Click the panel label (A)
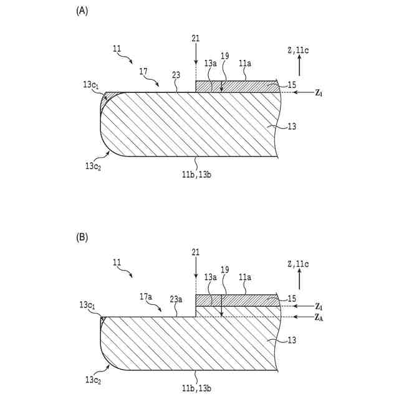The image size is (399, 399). [81, 11]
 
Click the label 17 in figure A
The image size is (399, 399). [143, 72]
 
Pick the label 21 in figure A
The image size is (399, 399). [196, 39]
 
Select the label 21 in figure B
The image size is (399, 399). [196, 252]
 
